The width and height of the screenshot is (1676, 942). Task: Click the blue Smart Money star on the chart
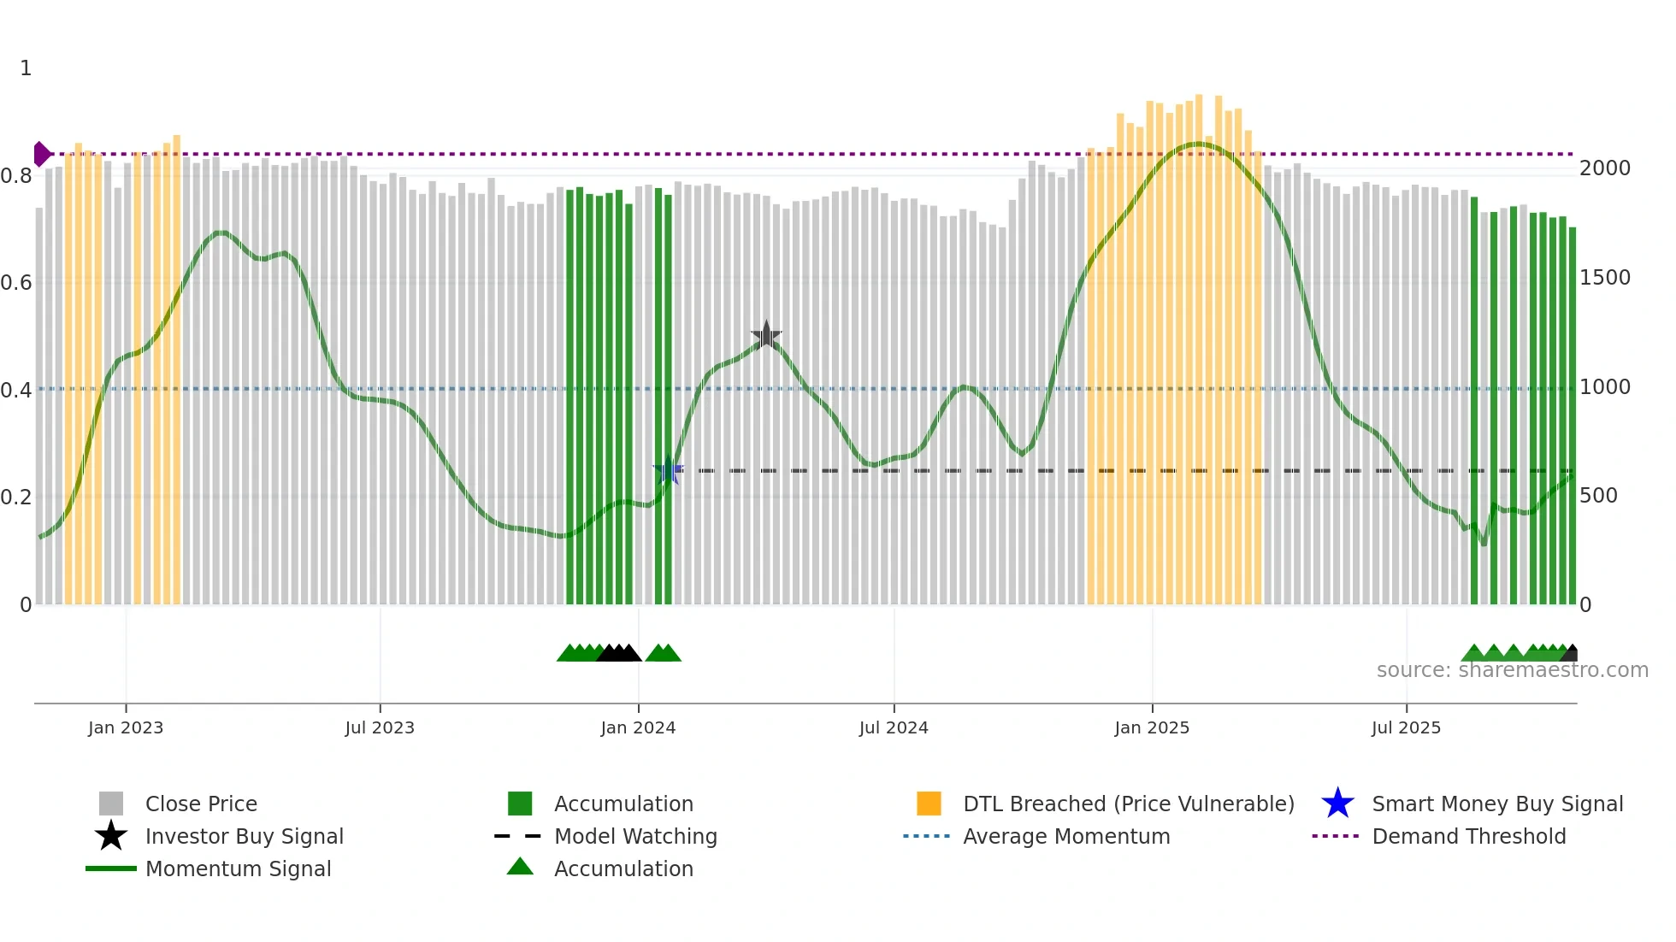[668, 470]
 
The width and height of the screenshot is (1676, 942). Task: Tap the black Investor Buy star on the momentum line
[766, 335]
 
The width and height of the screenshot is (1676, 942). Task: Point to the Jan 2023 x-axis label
[126, 727]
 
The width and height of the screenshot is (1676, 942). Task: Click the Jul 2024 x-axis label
[894, 727]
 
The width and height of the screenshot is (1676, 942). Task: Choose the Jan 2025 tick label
[1152, 727]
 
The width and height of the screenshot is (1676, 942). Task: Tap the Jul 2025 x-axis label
[1406, 727]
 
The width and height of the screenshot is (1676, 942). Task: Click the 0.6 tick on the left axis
[16, 283]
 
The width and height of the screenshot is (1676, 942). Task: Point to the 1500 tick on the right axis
[1605, 278]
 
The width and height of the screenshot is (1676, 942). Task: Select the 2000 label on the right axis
[1605, 168]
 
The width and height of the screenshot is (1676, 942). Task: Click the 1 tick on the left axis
[26, 68]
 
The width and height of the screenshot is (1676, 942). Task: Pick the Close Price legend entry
[201, 804]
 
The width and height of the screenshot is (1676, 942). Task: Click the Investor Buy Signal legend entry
[244, 836]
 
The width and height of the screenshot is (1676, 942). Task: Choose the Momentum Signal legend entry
[238, 868]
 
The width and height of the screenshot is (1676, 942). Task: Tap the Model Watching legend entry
[635, 836]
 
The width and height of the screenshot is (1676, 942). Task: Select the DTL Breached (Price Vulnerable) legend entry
[1128, 804]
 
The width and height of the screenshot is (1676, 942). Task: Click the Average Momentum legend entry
[1066, 836]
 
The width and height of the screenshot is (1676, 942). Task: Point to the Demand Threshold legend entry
[1468, 836]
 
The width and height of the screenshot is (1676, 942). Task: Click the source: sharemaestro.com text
[1512, 670]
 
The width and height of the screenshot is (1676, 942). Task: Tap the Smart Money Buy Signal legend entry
[1497, 804]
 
